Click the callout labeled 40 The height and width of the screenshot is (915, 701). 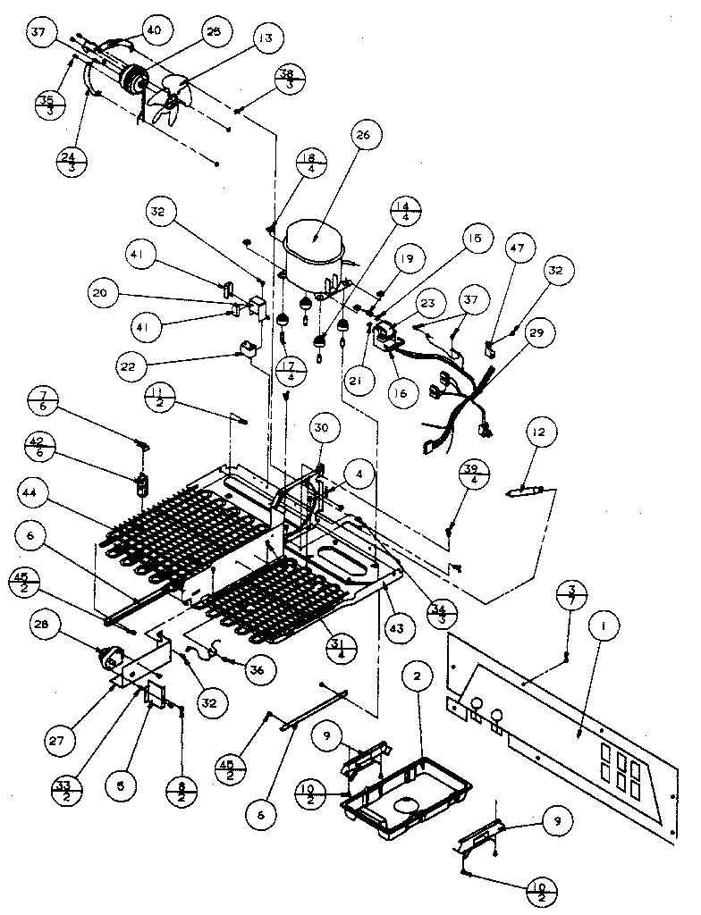pyautogui.click(x=154, y=29)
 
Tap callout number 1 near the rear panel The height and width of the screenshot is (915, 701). pyautogui.click(x=605, y=628)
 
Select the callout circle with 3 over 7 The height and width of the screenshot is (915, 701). pyautogui.click(x=571, y=596)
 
